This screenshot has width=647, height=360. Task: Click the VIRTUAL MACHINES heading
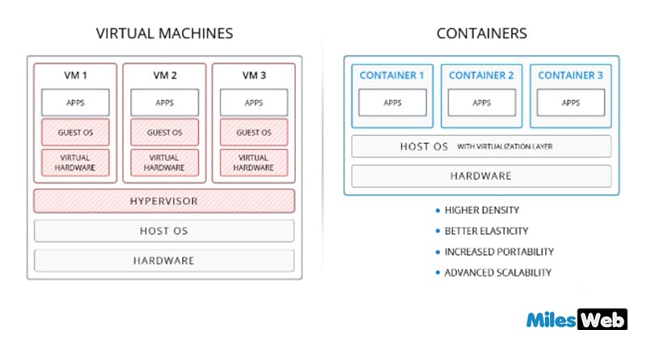click(x=164, y=34)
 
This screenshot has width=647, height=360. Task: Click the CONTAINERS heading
click(x=481, y=34)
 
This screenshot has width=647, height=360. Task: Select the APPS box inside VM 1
click(x=75, y=103)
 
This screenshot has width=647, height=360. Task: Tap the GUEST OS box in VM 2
click(x=164, y=132)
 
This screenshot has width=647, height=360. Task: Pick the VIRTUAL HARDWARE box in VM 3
click(x=253, y=162)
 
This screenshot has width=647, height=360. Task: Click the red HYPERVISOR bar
click(x=164, y=201)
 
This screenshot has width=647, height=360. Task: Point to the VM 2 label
click(x=164, y=75)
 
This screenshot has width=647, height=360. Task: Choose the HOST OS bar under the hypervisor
click(x=164, y=231)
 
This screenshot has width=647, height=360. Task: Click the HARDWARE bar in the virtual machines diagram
click(x=164, y=260)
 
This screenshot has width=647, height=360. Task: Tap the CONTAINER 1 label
click(x=392, y=75)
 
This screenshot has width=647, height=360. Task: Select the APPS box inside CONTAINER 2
click(x=481, y=103)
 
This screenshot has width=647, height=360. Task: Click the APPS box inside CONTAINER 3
click(x=571, y=103)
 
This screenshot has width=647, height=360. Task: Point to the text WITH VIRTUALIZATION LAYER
click(x=506, y=146)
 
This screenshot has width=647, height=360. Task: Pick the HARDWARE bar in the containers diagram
click(x=481, y=176)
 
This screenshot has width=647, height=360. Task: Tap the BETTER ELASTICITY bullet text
click(x=486, y=231)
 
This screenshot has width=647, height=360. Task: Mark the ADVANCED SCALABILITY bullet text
click(x=497, y=273)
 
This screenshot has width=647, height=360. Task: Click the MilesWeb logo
click(x=575, y=320)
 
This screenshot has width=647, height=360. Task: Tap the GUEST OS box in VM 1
click(x=75, y=132)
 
